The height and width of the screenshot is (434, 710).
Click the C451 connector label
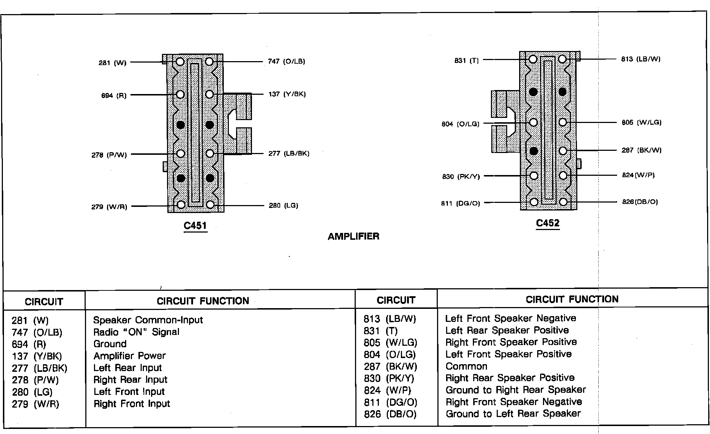(x=195, y=226)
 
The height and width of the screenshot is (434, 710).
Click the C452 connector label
(x=548, y=223)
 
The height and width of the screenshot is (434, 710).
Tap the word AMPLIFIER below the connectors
(x=353, y=237)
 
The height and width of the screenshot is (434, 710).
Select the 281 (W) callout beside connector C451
(x=112, y=63)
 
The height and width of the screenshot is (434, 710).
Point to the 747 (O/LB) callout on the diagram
(x=286, y=61)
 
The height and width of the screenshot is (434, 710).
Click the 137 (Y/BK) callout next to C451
(x=287, y=94)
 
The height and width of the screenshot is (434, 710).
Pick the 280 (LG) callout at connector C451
(x=283, y=206)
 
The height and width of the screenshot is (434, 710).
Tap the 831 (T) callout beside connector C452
(x=466, y=61)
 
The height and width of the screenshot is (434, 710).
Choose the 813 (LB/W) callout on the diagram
(x=641, y=59)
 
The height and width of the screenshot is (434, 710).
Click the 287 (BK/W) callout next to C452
(x=641, y=150)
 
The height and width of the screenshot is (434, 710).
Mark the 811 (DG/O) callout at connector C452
(x=460, y=203)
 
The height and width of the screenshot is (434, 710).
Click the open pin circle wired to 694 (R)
(x=180, y=95)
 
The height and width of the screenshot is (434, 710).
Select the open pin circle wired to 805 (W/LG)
(x=563, y=122)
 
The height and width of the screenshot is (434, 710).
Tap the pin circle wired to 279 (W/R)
(x=181, y=205)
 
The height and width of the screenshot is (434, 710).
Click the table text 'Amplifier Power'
(x=129, y=356)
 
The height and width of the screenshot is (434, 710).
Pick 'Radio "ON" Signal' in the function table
(x=136, y=332)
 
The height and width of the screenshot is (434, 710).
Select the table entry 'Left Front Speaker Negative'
(x=510, y=318)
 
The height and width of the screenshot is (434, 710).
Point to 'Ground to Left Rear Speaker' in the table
(x=513, y=414)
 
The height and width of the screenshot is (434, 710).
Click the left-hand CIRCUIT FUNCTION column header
(x=203, y=301)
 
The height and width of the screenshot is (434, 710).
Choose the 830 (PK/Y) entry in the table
(x=389, y=378)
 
